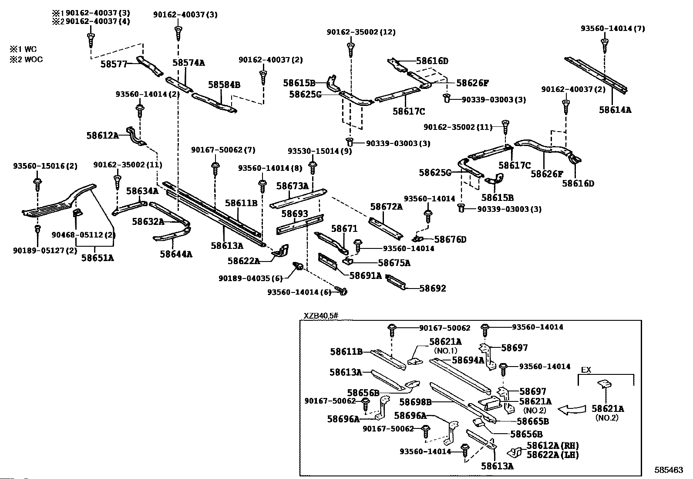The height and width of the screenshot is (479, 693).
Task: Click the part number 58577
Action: point(114,64)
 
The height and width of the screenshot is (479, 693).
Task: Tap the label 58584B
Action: point(224,85)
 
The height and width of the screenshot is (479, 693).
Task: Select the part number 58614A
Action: point(615,110)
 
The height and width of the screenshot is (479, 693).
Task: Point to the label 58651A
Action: point(98,258)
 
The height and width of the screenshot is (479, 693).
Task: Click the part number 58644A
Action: point(176,254)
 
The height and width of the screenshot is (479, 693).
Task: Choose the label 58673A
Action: point(292,186)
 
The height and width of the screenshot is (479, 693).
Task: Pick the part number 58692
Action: point(433,288)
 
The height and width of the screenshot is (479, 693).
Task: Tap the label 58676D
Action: point(450,239)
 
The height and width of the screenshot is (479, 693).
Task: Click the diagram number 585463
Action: point(669,470)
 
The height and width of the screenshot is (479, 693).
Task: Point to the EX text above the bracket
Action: point(586,370)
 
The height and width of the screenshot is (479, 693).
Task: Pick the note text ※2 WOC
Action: point(27,60)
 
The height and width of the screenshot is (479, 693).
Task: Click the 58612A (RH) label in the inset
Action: point(552,445)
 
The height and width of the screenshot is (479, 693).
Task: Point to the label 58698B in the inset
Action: point(415,402)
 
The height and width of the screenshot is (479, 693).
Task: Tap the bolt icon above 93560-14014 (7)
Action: point(604,43)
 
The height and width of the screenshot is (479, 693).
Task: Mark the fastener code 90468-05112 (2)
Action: point(77,235)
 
